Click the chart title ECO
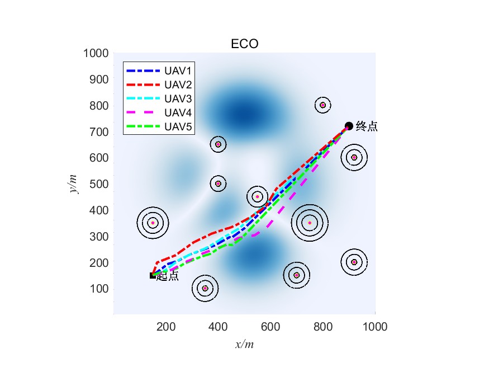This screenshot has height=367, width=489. (x=245, y=44)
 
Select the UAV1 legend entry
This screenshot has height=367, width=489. (x=178, y=71)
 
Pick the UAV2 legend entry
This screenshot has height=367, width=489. (x=178, y=85)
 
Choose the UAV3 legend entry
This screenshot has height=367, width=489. (x=178, y=99)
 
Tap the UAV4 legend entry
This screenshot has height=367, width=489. (x=178, y=112)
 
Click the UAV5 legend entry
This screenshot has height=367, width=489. (x=178, y=126)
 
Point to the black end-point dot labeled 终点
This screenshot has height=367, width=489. (x=349, y=126)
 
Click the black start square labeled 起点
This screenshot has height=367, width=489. (x=153, y=275)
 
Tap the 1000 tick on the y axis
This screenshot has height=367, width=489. (x=96, y=54)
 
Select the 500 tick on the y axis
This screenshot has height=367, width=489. (x=99, y=184)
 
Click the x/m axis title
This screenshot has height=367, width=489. (x=245, y=345)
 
